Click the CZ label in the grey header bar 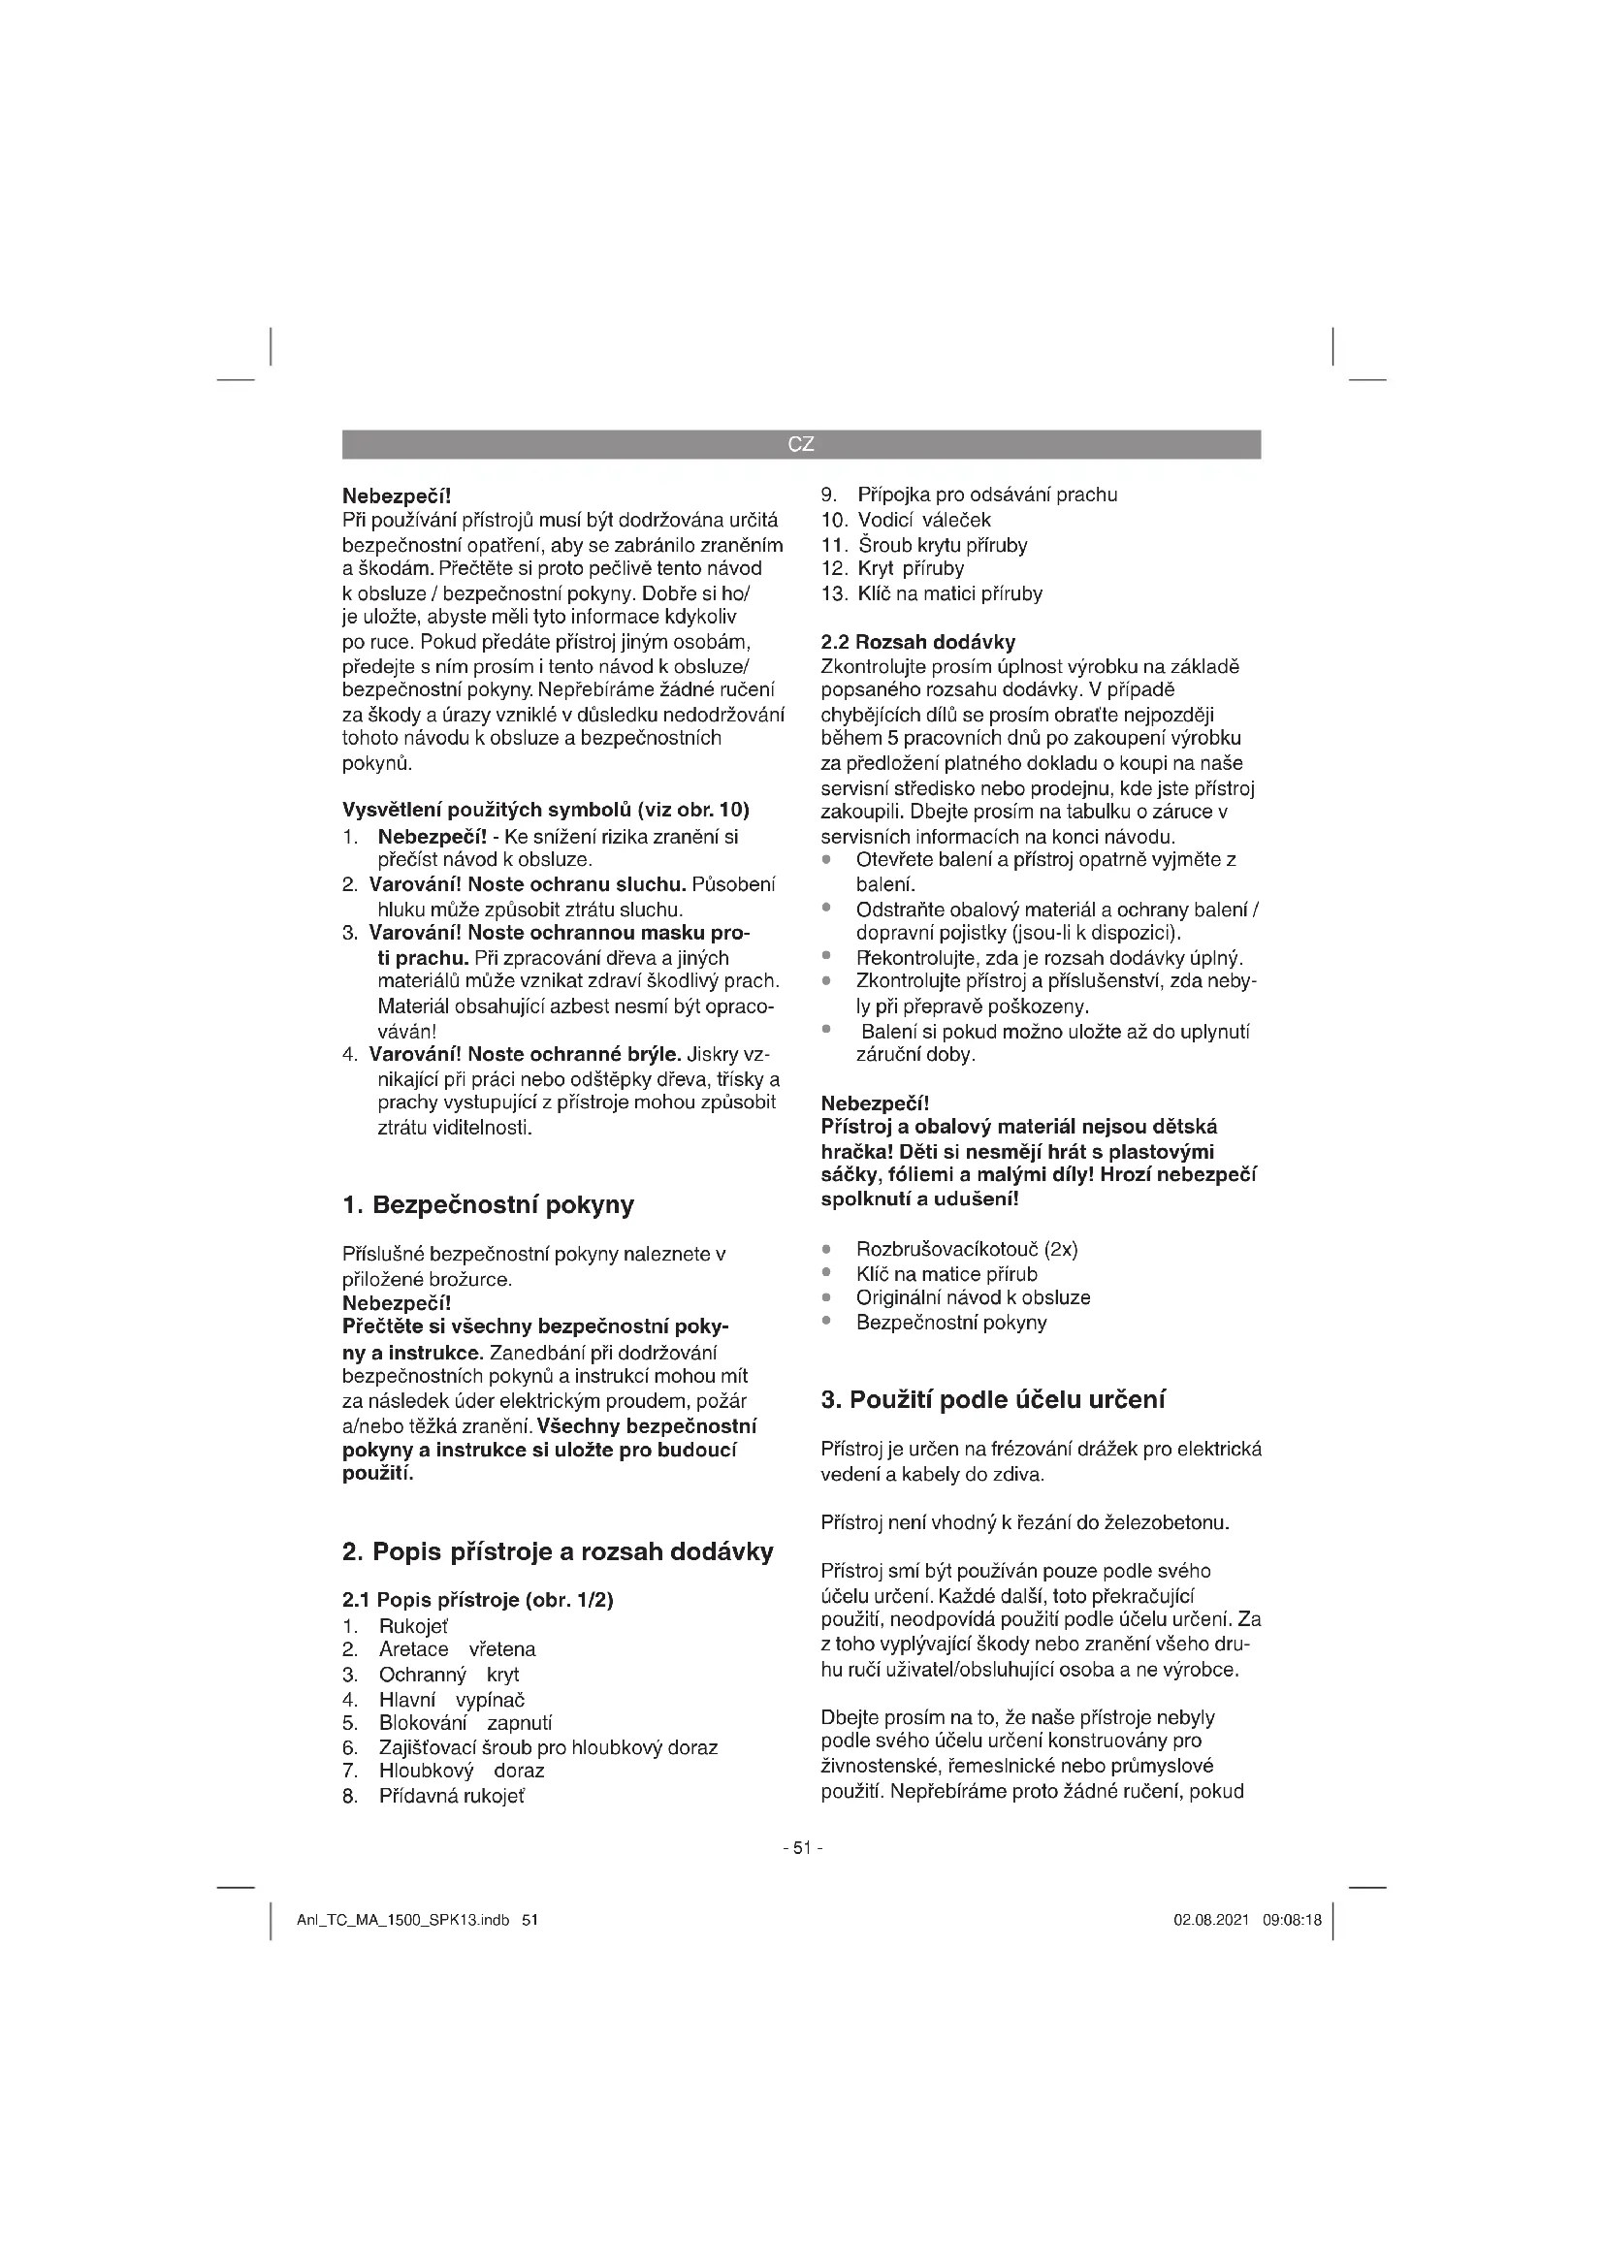click(801, 444)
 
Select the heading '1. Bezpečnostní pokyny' click(488, 1205)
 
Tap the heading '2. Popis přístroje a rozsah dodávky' click(558, 1551)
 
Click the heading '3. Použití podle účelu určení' click(994, 1400)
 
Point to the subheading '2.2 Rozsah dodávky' click(917, 642)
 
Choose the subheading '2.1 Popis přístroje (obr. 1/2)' click(478, 1600)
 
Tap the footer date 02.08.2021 click(1211, 1920)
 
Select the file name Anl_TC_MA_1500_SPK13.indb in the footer click(403, 1920)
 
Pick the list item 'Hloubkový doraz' click(462, 1772)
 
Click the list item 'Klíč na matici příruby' click(949, 593)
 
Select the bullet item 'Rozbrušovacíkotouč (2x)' click(967, 1249)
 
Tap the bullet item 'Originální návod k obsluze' click(973, 1297)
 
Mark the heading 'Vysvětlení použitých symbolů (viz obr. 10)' click(545, 811)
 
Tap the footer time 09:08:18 click(1292, 1920)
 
